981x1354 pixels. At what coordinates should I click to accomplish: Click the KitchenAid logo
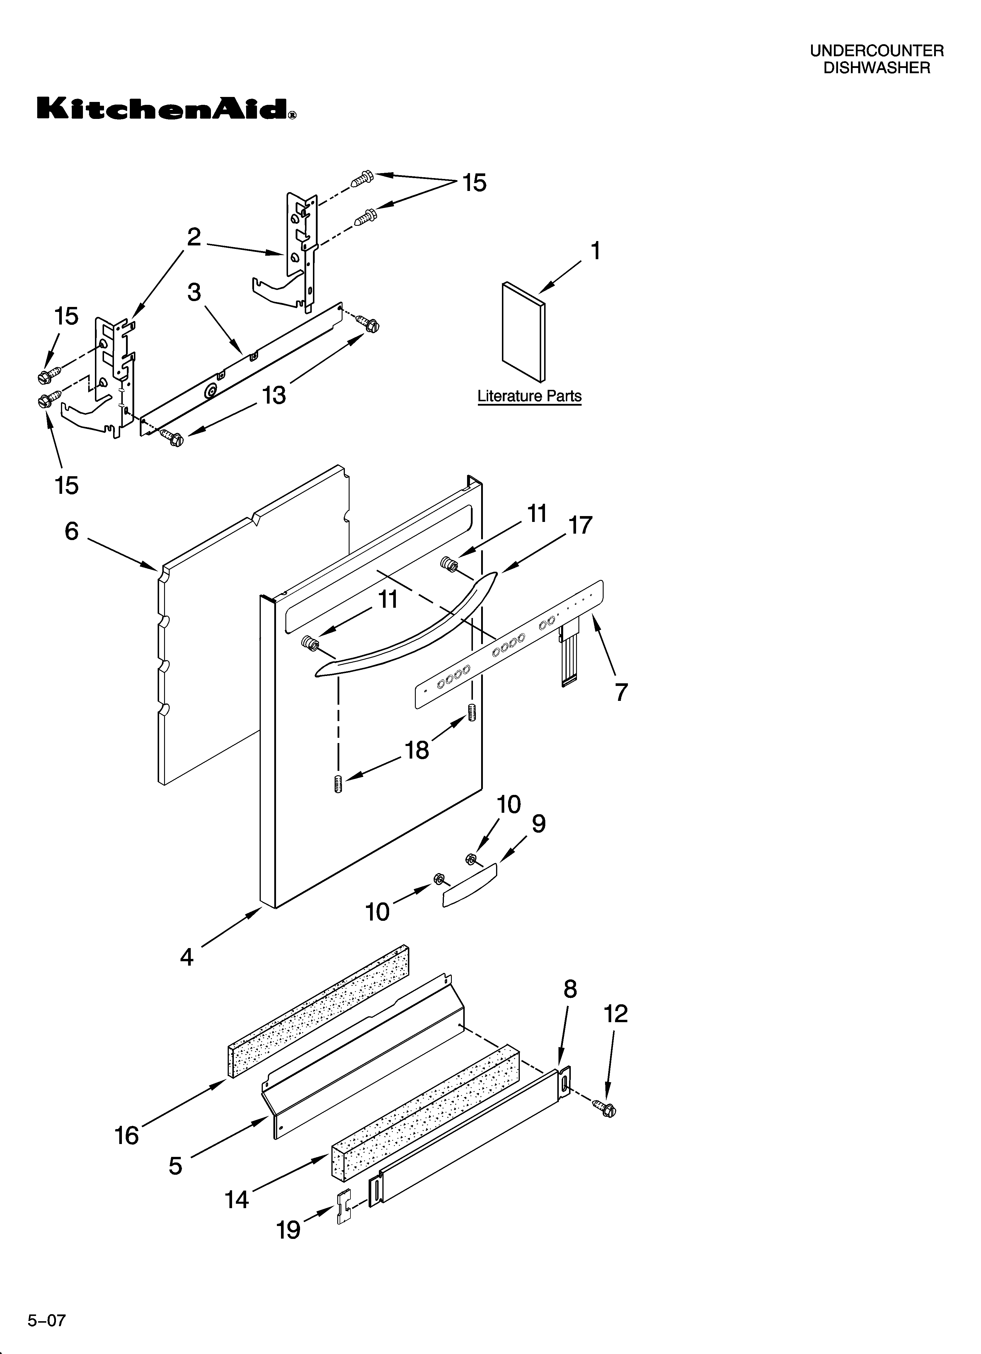(x=166, y=109)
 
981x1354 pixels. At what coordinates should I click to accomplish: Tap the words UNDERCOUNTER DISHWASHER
(x=876, y=60)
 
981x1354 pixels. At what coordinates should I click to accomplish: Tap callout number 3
(x=194, y=293)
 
